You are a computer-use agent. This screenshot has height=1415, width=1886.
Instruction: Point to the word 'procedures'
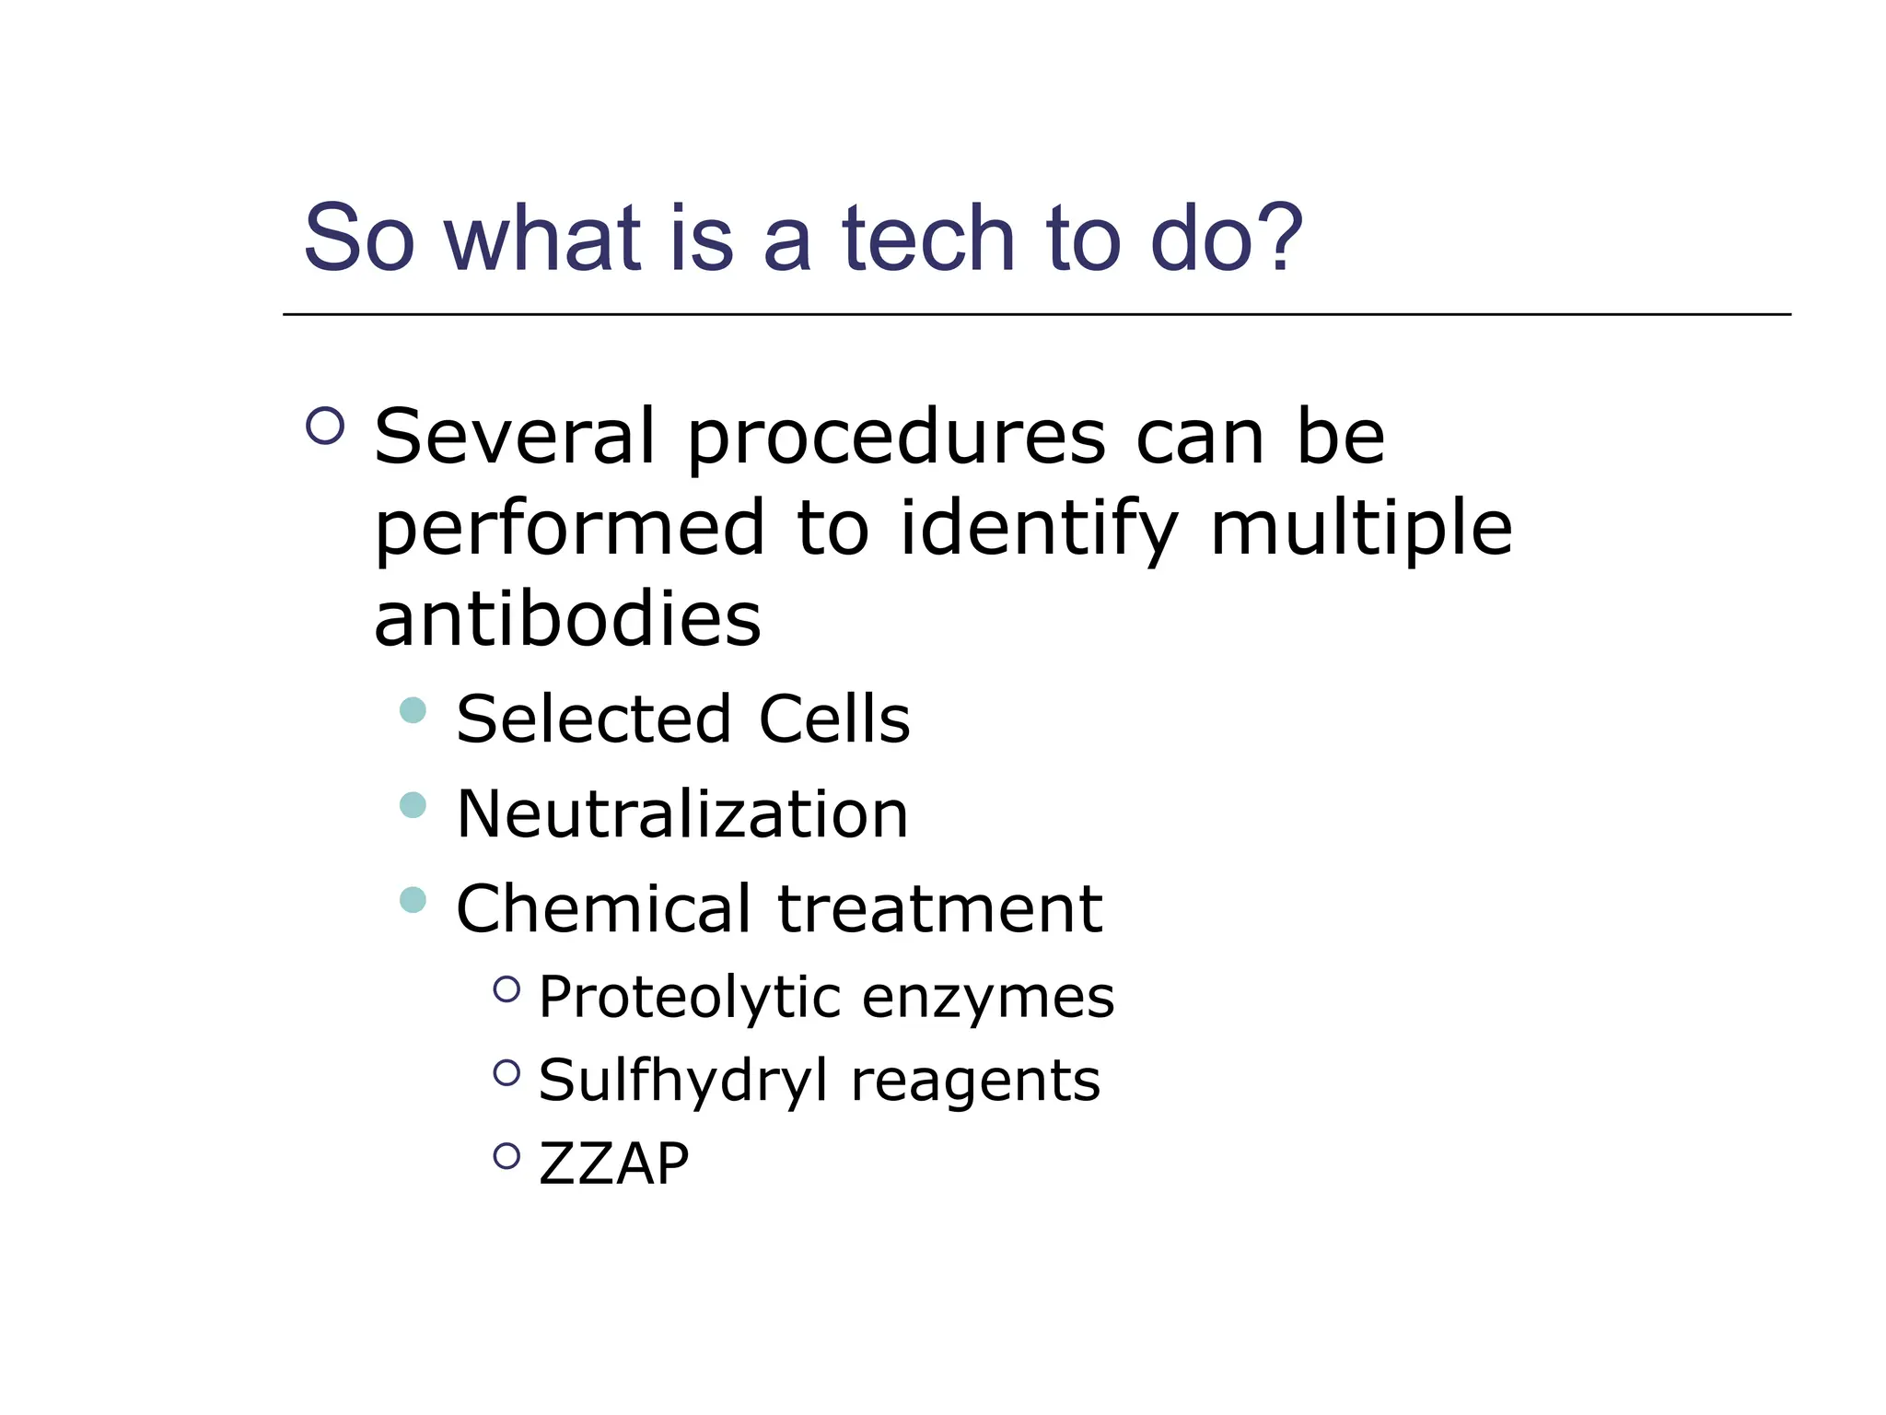[896, 439]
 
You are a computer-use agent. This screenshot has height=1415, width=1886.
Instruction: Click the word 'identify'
[1038, 530]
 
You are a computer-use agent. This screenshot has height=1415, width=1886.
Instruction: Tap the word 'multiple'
[1360, 530]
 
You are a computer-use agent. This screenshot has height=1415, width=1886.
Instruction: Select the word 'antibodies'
[567, 618]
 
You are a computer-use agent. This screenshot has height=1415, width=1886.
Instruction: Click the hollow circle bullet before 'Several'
[325, 427]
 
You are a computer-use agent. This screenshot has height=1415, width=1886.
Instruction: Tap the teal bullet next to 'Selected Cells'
[413, 710]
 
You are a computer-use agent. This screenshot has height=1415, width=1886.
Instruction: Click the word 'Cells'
[833, 719]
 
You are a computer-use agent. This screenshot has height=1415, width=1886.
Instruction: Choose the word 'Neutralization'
[682, 814]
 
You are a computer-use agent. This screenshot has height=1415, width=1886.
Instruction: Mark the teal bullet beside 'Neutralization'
[413, 805]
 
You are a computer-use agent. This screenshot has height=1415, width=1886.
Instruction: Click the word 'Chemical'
[603, 908]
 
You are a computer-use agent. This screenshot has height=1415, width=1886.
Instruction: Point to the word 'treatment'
[939, 908]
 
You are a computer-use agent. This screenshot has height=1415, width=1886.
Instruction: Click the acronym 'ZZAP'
[613, 1163]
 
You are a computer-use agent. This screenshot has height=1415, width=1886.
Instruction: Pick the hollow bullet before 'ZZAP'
[506, 1155]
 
